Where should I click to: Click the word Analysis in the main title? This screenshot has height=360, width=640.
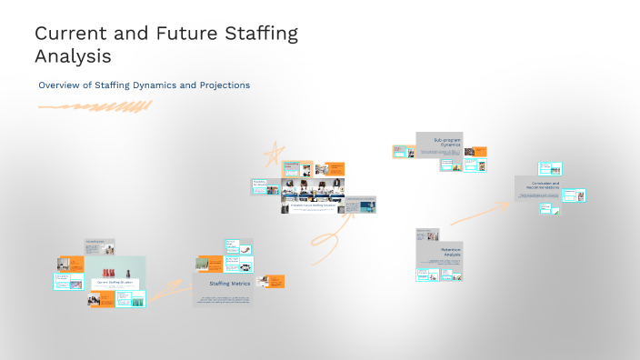tap(73, 56)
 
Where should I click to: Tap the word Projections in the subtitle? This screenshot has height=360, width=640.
tap(219, 85)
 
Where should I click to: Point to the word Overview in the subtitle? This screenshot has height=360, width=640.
tap(59, 85)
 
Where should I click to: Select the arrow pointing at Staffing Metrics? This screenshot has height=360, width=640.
tap(164, 291)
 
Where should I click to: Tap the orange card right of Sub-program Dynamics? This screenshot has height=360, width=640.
tap(475, 152)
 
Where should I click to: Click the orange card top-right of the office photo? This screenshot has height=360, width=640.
tap(335, 168)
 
